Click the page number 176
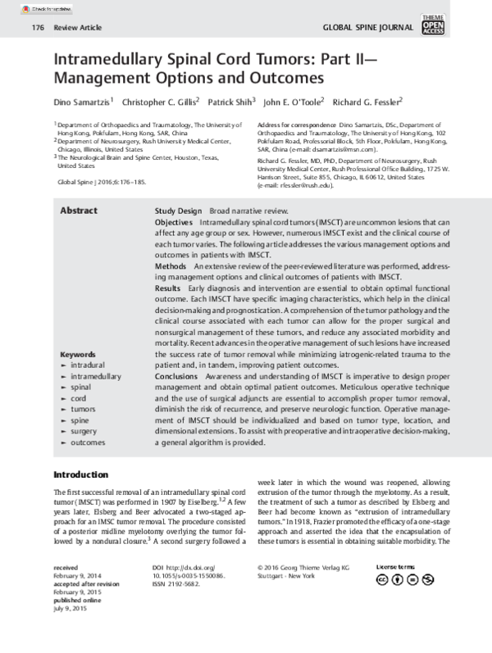37,27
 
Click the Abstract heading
79,211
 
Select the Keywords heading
78,354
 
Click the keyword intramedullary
96,376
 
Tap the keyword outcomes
88,442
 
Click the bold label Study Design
178,211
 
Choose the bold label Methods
171,266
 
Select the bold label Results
170,288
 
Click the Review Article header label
77,27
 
